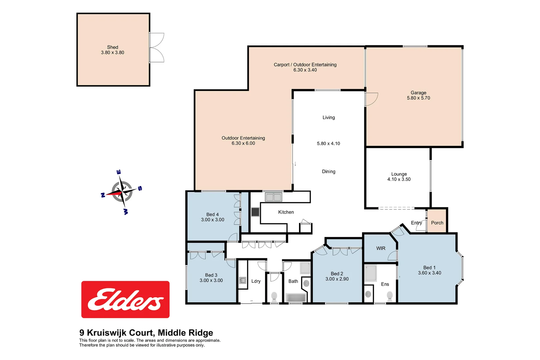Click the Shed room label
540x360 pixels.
(x=112, y=47)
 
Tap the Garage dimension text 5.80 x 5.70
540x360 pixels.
(x=418, y=98)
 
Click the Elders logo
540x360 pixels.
(x=125, y=299)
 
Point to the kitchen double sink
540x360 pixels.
(x=273, y=197)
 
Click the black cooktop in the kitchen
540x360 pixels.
(x=255, y=212)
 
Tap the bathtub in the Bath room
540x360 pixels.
(x=296, y=297)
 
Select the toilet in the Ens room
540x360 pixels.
(x=390, y=295)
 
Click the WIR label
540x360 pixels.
(x=381, y=248)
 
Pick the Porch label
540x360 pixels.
(x=437, y=223)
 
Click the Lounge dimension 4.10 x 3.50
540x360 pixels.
(x=399, y=179)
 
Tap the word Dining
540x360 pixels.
(x=328, y=171)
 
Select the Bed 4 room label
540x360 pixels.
(x=212, y=214)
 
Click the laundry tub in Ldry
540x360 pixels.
(x=243, y=280)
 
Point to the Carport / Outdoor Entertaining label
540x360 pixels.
(x=305, y=65)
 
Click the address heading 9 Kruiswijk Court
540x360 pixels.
(x=146, y=333)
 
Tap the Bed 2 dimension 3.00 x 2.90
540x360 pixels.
(x=337, y=279)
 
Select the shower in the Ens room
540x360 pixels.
(x=370, y=273)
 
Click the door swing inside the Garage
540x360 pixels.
(x=371, y=99)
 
